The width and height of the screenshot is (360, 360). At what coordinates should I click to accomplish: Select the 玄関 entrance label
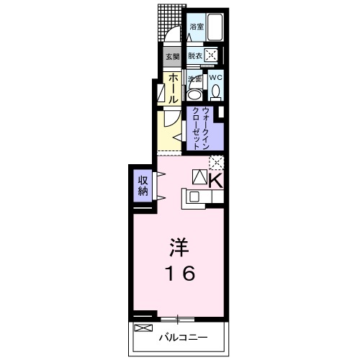coord(172,56)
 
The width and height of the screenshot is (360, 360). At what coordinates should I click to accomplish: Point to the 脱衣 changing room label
coord(195,55)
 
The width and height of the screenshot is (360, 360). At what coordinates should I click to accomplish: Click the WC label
coord(215,78)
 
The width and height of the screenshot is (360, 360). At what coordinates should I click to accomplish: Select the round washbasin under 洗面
coord(194,94)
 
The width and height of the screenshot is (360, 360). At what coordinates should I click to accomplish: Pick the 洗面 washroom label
coord(194,78)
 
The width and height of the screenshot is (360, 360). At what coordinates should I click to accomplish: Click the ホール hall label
coord(174,89)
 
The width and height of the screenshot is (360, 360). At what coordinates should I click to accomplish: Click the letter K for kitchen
coord(215,179)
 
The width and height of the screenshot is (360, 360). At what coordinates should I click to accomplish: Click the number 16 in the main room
coord(179,274)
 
